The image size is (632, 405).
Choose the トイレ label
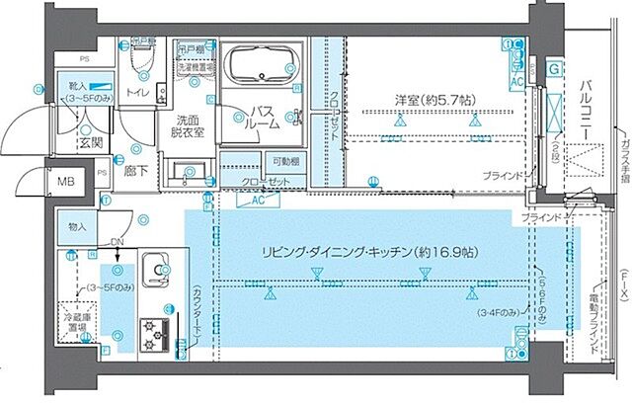(x=137, y=94)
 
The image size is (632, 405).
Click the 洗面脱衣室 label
(x=185, y=125)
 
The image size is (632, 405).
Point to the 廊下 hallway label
(x=134, y=169)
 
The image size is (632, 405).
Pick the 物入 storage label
(x=78, y=227)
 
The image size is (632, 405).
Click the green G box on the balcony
(x=554, y=68)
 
